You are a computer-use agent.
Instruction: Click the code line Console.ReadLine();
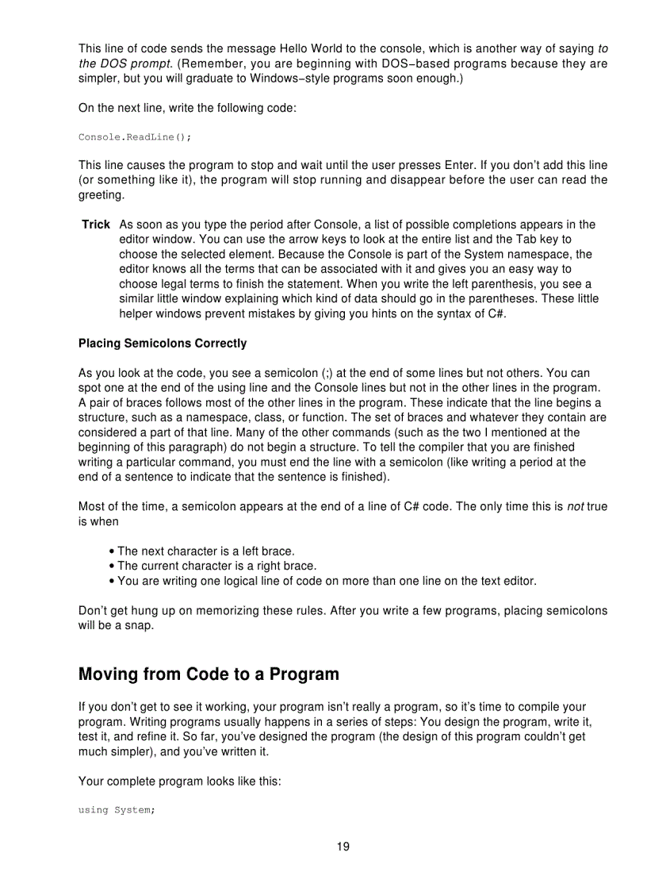[134, 136]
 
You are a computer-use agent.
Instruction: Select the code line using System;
[116, 810]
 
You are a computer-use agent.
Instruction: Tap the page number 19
[343, 847]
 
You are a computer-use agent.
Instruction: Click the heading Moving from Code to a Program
[209, 674]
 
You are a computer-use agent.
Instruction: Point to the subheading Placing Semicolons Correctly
[163, 344]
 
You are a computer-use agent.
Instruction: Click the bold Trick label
[96, 225]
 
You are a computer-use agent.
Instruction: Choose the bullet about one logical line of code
[322, 581]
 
